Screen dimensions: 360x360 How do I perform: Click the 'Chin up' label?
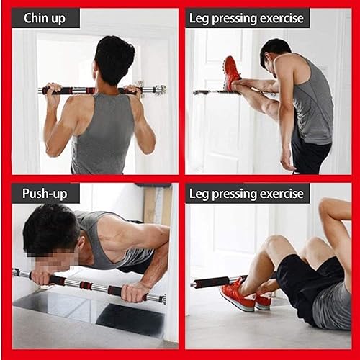pos(45,17)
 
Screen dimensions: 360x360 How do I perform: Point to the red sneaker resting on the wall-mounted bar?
pos(231,73)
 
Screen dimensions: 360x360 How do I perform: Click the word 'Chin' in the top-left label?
pos(35,17)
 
